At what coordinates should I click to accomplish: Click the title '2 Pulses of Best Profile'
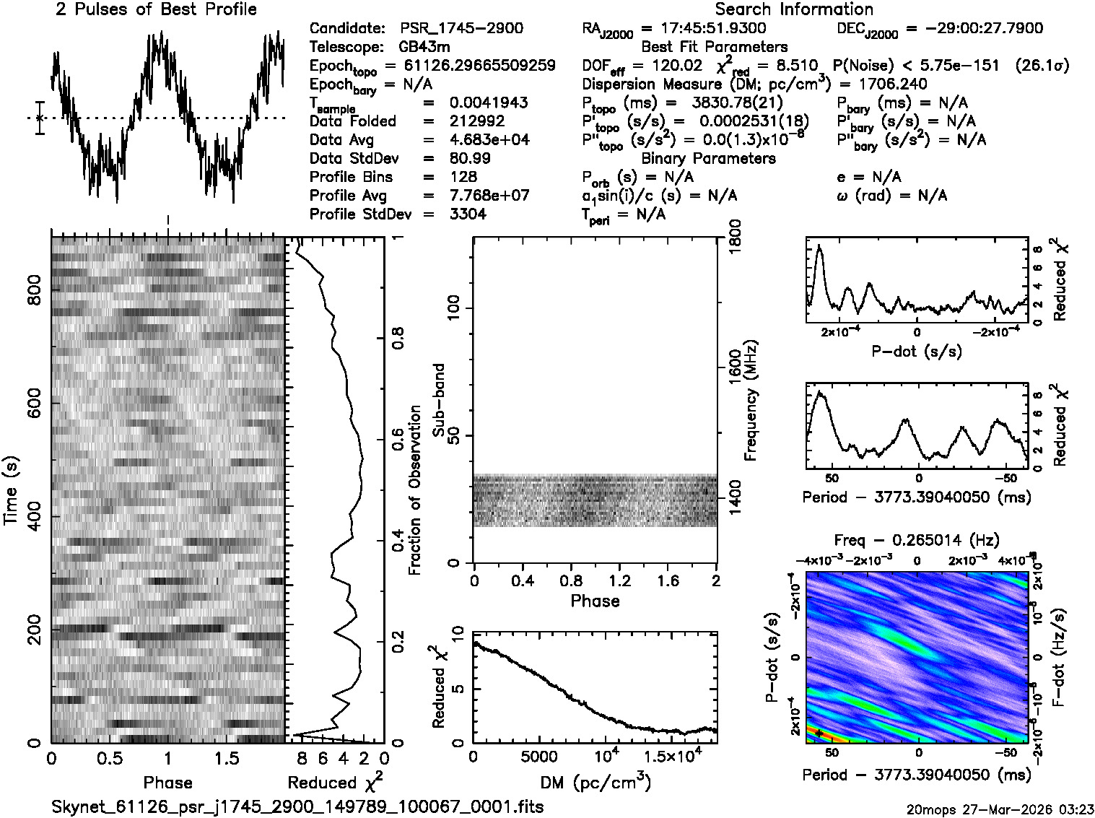(x=156, y=10)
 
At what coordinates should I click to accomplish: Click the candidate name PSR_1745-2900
(x=461, y=29)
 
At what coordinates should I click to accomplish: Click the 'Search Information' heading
(x=794, y=10)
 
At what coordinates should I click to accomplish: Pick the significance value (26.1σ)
(x=1042, y=66)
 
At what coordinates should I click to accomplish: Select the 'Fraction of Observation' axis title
(x=414, y=490)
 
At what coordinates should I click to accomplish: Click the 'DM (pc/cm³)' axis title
(x=595, y=782)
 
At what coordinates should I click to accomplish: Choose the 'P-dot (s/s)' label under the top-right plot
(x=917, y=352)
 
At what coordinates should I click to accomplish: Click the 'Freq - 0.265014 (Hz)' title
(x=917, y=541)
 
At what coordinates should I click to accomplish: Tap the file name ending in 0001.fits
(x=297, y=806)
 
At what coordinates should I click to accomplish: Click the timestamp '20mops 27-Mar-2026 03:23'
(x=1000, y=808)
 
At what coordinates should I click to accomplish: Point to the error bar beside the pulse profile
(x=40, y=118)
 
